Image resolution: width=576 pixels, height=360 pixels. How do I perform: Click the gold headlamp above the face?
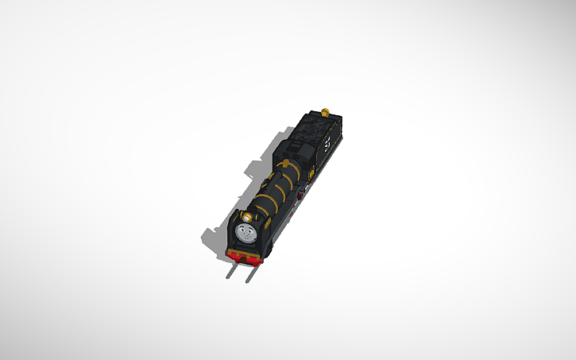(x=247, y=215)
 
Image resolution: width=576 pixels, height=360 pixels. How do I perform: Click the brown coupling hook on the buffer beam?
(x=243, y=257)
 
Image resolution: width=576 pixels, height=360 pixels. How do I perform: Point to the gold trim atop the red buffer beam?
(x=244, y=250)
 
